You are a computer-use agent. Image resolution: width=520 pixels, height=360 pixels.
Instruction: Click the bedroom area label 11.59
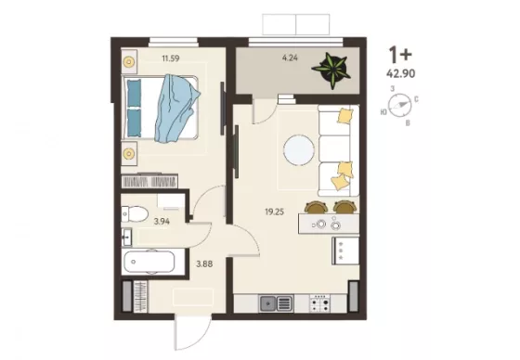click(171, 58)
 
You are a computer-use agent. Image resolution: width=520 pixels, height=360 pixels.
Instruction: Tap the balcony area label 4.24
click(290, 58)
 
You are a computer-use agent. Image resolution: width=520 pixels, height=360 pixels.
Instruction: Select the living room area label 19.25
click(275, 212)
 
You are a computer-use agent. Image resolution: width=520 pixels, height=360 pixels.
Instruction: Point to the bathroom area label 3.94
click(162, 222)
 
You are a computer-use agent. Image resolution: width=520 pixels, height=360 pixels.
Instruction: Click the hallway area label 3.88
click(204, 264)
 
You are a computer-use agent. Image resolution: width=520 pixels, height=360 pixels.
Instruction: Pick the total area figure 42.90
click(400, 73)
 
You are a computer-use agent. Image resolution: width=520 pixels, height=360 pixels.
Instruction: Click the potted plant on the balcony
click(331, 70)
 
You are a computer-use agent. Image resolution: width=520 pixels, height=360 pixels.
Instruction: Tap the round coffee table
click(299, 149)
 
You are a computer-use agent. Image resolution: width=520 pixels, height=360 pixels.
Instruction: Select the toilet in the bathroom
click(135, 213)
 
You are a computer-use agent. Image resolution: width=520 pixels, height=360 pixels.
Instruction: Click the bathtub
click(149, 262)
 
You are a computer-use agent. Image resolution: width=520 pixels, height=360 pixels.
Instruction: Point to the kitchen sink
click(276, 303)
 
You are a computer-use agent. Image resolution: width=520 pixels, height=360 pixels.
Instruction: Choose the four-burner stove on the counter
click(319, 304)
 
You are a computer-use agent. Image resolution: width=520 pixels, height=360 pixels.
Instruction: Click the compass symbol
click(399, 106)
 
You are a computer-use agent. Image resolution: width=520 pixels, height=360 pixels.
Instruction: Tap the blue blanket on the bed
click(176, 108)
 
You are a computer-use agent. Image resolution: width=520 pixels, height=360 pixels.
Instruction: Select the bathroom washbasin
click(126, 237)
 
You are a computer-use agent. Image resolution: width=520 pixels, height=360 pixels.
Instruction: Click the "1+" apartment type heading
click(400, 55)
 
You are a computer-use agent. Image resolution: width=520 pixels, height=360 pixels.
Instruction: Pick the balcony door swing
click(265, 111)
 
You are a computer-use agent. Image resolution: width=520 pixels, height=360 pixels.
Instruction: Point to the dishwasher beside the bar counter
click(345, 251)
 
